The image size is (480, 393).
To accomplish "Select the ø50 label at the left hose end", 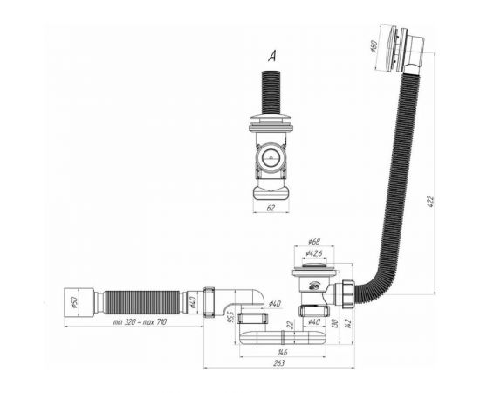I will pyautogui.click(x=74, y=303).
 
